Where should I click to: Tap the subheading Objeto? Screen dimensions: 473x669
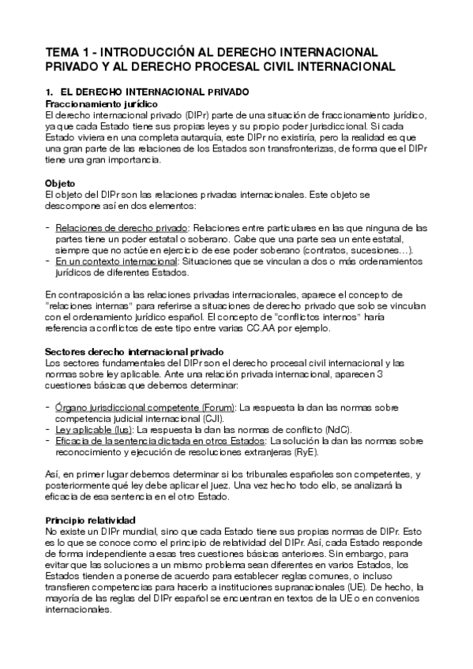click(x=61, y=183)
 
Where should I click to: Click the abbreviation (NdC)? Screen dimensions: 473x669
click(x=336, y=429)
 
